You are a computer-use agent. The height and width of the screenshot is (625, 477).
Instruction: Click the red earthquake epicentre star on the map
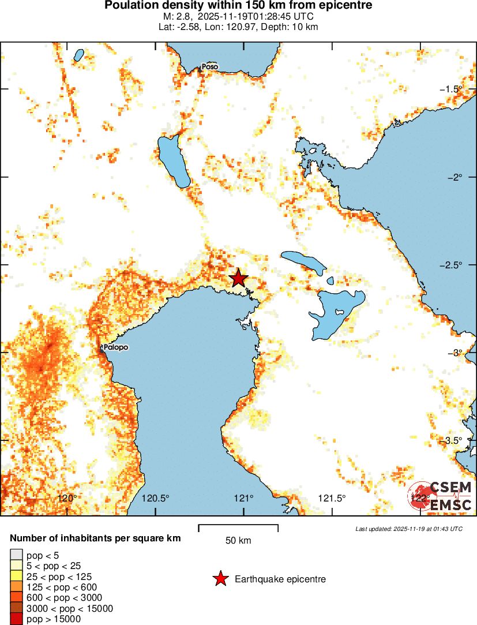coord(238,278)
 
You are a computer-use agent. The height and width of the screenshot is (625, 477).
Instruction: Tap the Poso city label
coord(210,67)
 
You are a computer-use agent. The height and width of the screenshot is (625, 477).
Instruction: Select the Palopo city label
coord(115,347)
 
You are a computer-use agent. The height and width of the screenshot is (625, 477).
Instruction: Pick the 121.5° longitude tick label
coord(332,499)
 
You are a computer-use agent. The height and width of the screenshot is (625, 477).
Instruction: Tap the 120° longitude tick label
coord(68,499)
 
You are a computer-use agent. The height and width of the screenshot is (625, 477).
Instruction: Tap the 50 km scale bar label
coord(238,541)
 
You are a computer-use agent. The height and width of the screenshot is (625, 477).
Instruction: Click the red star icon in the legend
coord(220,579)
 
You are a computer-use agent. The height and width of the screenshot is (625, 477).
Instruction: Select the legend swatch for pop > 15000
coord(17,619)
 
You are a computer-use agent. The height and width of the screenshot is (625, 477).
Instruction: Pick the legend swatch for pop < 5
coord(17,556)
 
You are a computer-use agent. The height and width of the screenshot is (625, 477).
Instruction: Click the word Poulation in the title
coord(130,5)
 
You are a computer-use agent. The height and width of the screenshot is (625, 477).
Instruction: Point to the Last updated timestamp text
coord(408,529)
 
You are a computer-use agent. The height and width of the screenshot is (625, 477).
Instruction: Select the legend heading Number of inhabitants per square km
coord(95,538)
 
